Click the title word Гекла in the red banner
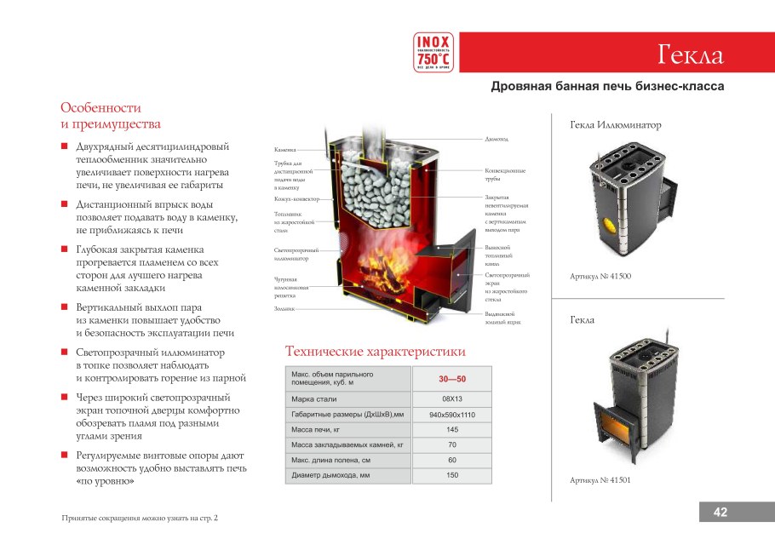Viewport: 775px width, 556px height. tap(690, 55)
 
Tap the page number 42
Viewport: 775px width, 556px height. tap(720, 512)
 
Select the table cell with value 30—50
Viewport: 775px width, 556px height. tap(451, 379)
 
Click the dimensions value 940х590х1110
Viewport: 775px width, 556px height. tap(451, 414)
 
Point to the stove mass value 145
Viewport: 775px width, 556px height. tap(451, 429)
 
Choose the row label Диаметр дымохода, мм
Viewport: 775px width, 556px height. tap(331, 475)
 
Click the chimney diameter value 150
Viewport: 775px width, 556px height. tap(451, 475)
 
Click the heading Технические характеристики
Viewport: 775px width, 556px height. tap(375, 352)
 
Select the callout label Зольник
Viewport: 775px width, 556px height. tap(284, 309)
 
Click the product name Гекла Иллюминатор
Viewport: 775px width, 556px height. tap(615, 125)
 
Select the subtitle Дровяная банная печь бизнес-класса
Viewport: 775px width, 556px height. tap(607, 87)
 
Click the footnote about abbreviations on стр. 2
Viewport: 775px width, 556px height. tap(141, 518)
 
